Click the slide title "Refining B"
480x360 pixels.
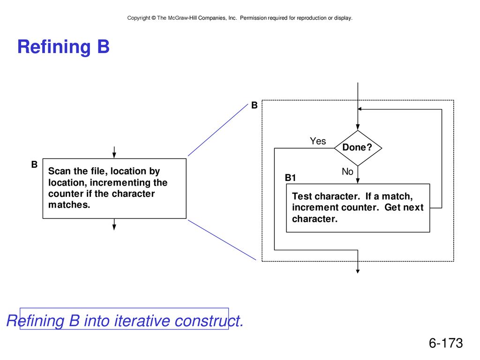63,47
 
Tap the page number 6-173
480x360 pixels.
446,343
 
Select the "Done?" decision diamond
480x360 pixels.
358,148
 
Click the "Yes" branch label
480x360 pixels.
318,141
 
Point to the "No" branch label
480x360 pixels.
347,172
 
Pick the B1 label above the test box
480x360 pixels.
290,178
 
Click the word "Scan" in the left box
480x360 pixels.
60,171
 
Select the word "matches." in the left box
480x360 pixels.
69,204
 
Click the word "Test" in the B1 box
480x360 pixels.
302,196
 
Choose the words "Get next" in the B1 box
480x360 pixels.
404,207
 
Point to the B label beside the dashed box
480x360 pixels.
255,105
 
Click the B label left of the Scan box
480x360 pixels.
34,165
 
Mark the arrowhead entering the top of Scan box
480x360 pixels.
114,156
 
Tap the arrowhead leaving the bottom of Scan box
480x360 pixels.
114,227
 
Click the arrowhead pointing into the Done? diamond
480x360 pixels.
358,127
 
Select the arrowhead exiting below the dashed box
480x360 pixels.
358,271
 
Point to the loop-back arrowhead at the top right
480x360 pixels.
360,109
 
